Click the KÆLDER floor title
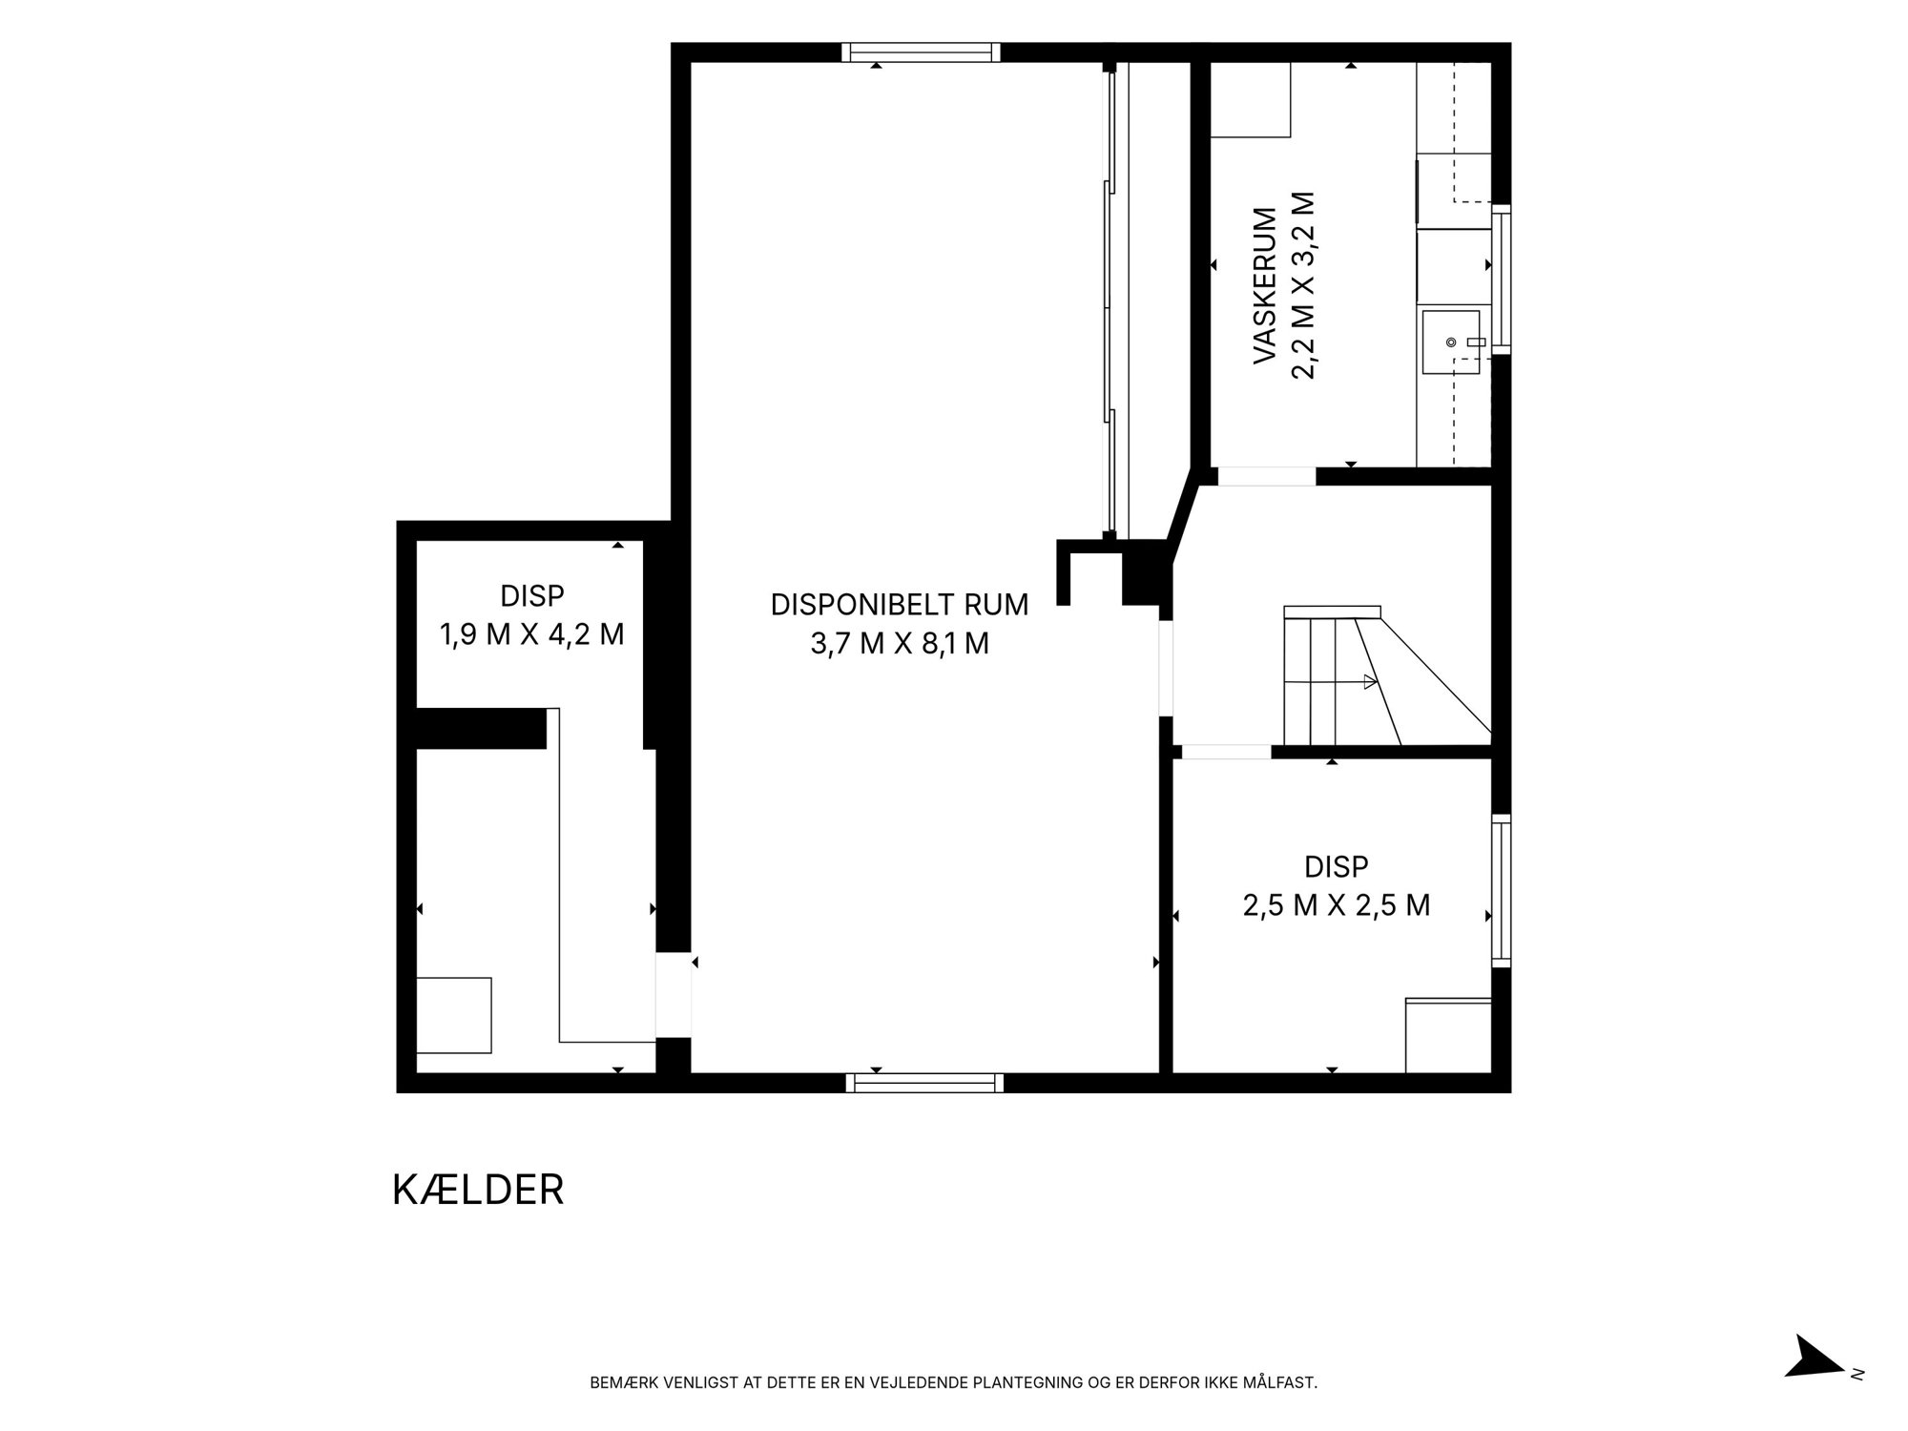click(478, 1190)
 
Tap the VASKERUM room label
click(1265, 286)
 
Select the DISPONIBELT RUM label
click(900, 605)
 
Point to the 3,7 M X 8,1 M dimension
click(900, 644)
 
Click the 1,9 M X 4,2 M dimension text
click(531, 634)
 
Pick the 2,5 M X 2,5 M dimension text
click(1337, 904)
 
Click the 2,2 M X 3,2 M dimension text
click(1303, 286)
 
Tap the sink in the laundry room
click(1451, 342)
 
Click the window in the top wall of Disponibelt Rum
click(921, 52)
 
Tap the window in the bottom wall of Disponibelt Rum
click(924, 1082)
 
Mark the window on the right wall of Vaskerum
click(1502, 279)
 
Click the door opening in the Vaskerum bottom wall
click(1267, 476)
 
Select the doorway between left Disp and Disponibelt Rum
click(673, 994)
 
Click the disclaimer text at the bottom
click(954, 1382)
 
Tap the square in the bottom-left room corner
click(454, 1015)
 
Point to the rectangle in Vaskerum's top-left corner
click(1251, 100)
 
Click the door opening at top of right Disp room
click(1226, 752)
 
